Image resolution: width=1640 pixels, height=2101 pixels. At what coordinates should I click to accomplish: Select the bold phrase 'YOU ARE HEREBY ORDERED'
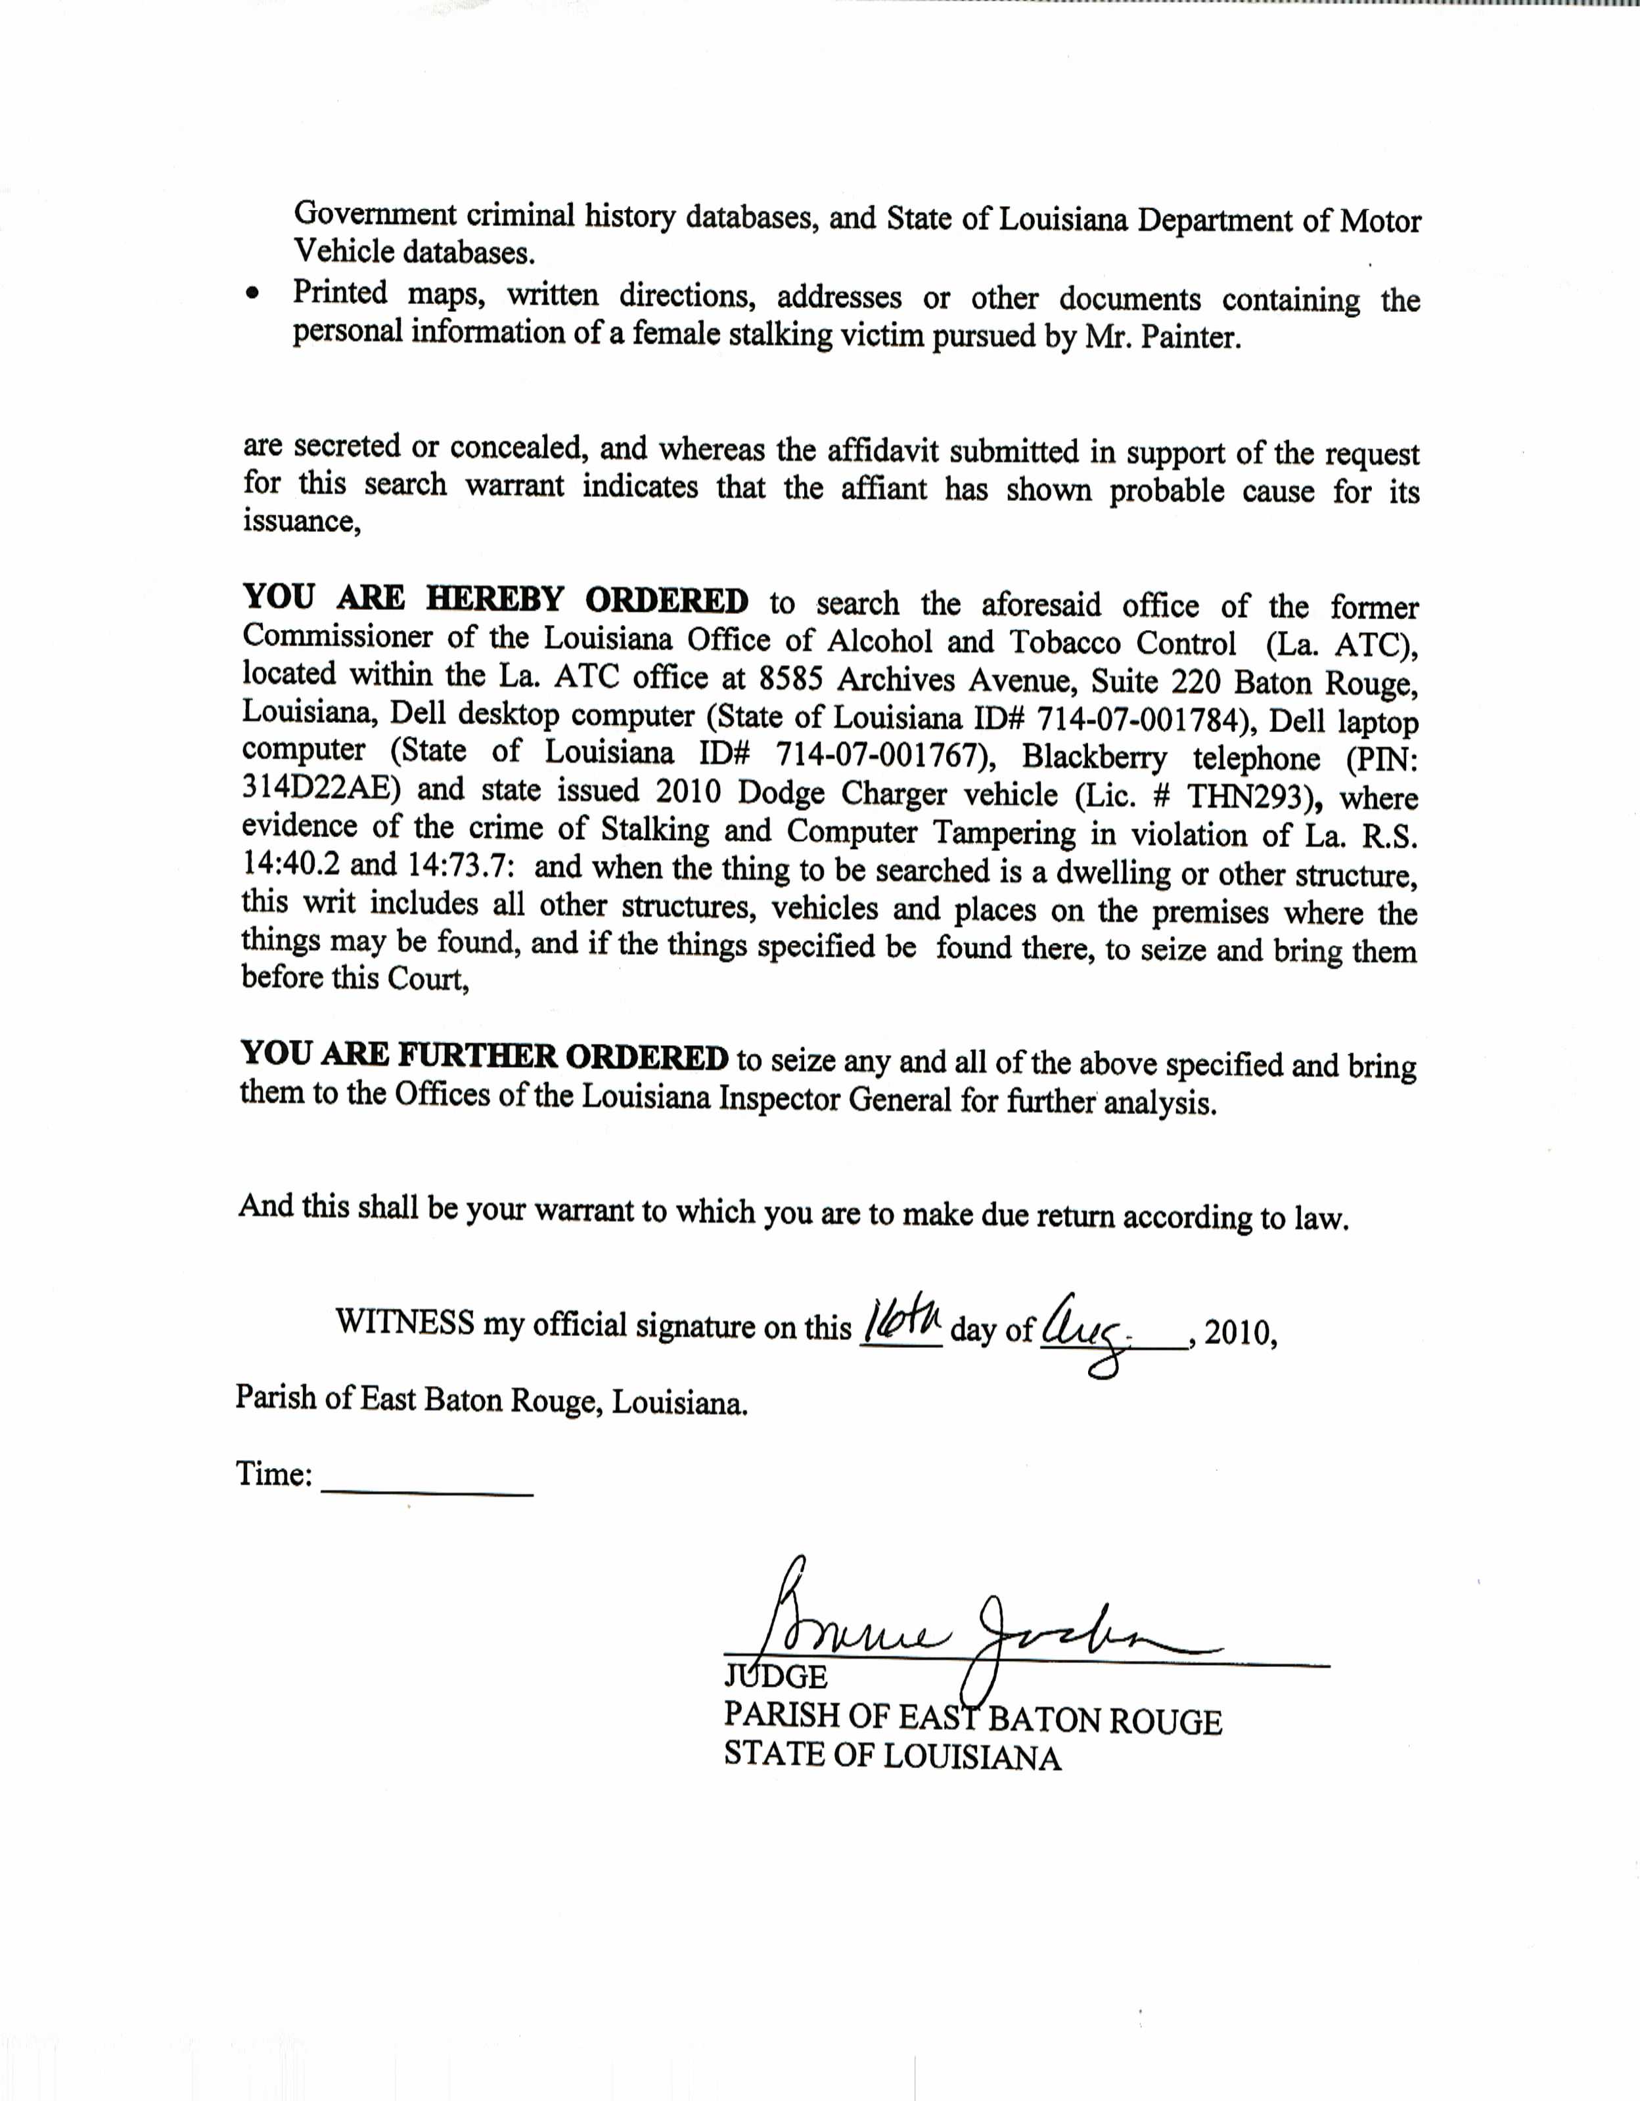(x=495, y=599)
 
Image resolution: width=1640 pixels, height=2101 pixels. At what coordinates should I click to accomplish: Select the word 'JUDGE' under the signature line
(x=775, y=1678)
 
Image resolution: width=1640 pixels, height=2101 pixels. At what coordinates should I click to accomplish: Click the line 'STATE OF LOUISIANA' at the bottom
(x=892, y=1758)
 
